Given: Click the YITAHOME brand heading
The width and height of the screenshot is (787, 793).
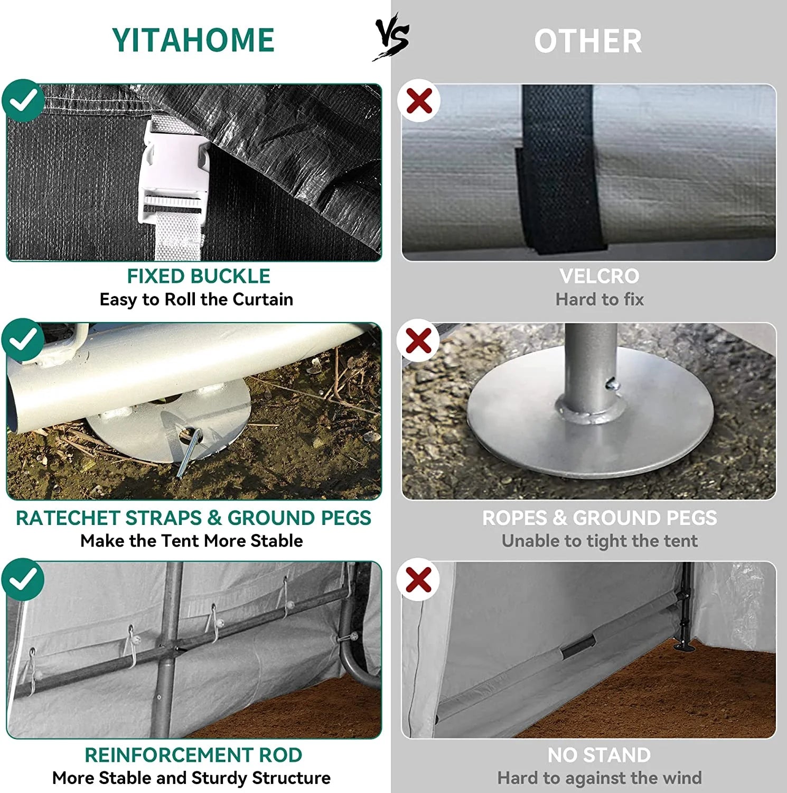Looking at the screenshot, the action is click(193, 40).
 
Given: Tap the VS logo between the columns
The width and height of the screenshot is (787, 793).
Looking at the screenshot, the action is click(392, 38).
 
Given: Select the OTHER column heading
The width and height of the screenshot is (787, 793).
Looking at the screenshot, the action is click(588, 41).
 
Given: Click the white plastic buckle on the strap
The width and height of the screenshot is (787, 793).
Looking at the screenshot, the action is click(174, 172).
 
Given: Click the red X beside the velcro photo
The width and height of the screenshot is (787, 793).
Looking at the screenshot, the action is click(419, 100).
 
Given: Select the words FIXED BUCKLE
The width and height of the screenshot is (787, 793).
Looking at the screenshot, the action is click(199, 276).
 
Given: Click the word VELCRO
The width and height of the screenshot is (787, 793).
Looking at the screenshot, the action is click(599, 276).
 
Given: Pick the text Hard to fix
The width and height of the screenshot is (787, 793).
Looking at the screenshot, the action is click(599, 300).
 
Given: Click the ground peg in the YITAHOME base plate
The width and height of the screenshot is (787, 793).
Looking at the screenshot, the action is click(189, 451).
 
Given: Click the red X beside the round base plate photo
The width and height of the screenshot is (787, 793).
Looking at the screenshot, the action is click(419, 340).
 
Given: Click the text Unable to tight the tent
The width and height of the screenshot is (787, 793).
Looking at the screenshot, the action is click(599, 541).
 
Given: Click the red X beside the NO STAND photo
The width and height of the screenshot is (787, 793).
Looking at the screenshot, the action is click(419, 579).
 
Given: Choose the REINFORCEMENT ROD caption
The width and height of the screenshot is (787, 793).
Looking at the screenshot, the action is click(193, 755).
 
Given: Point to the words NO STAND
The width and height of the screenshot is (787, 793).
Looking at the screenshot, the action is click(599, 755).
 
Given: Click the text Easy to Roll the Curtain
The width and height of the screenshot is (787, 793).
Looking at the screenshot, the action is click(196, 300).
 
